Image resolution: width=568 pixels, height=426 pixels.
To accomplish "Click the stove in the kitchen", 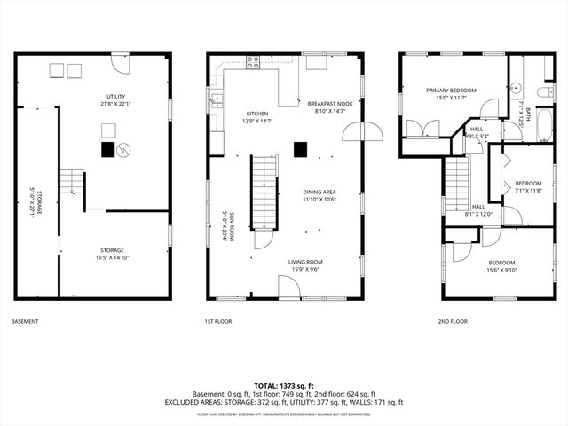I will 253,62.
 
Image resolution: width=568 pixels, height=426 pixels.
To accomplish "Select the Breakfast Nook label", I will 330,104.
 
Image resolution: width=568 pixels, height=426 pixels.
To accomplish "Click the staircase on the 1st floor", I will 264,191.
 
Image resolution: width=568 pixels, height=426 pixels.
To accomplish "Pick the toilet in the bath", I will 543,91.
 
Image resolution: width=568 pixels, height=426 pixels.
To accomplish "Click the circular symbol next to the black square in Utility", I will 125,150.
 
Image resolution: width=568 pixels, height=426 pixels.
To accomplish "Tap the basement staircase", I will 72,183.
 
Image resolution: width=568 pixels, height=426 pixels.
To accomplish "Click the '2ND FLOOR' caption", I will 453,321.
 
